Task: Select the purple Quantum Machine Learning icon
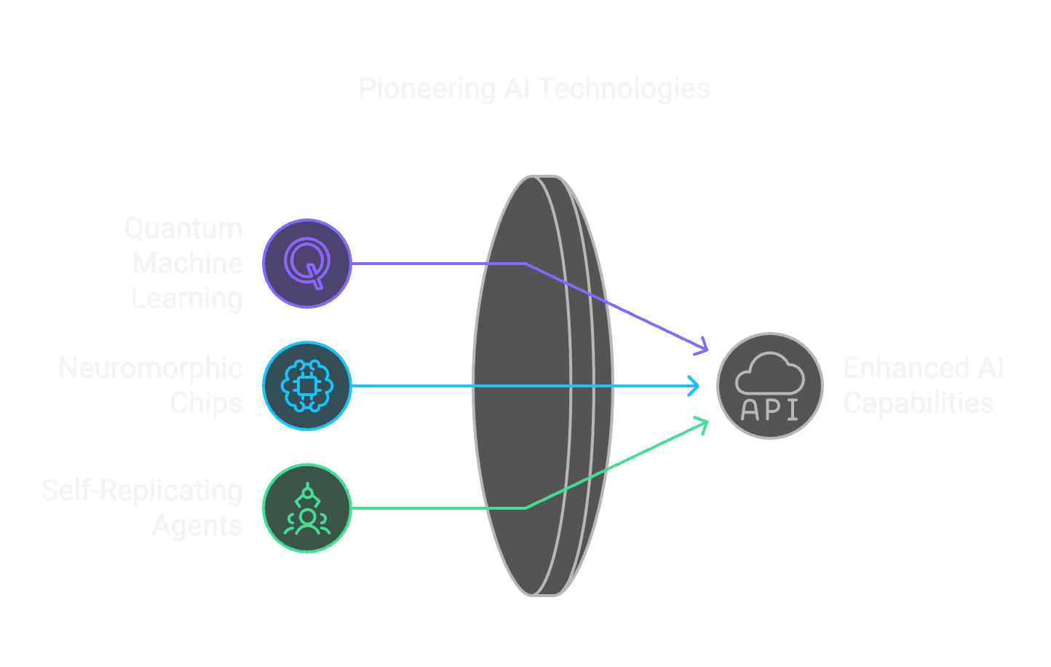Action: [307, 263]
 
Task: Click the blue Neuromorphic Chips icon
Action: [307, 385]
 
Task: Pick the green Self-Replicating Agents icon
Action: [307, 508]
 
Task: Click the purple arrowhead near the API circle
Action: [702, 347]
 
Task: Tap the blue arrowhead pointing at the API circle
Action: [694, 385]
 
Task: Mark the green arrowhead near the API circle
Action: [702, 424]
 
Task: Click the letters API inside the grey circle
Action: [769, 410]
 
